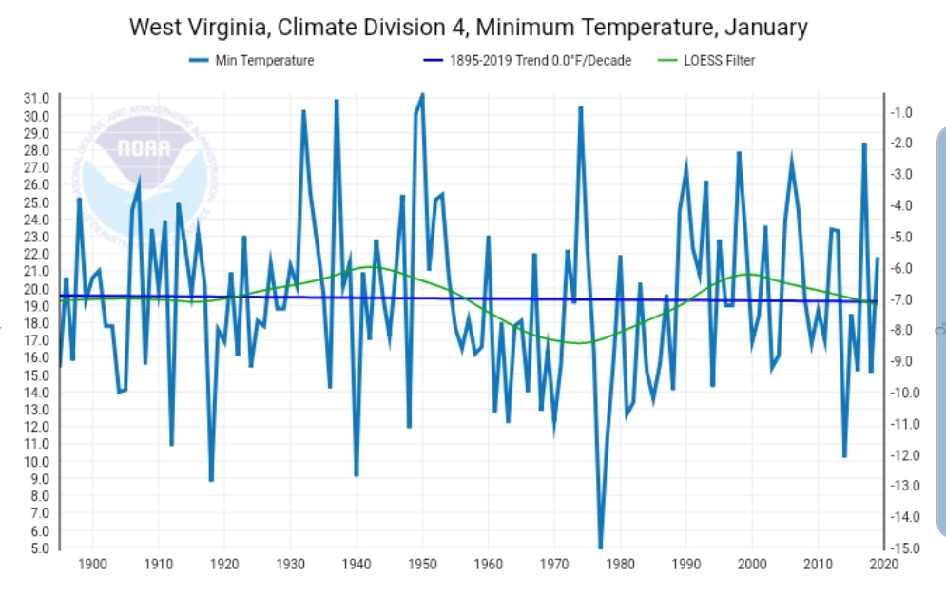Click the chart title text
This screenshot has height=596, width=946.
(x=468, y=27)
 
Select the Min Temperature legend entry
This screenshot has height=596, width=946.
(x=251, y=61)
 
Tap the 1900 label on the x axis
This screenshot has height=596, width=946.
(x=92, y=566)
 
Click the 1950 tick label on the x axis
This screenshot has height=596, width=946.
(x=422, y=566)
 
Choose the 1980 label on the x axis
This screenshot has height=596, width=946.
(x=620, y=566)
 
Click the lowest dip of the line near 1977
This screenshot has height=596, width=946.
(x=600, y=548)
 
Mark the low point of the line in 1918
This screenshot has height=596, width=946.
(x=211, y=480)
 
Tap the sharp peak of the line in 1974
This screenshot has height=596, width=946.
(x=580, y=107)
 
